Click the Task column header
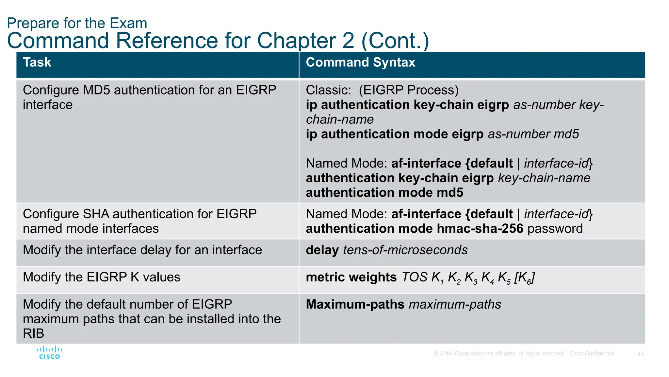(x=37, y=62)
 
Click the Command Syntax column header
(x=360, y=62)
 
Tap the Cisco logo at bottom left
(x=49, y=353)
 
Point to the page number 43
(x=640, y=354)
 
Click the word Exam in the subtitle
(x=128, y=23)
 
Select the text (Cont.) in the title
(x=395, y=41)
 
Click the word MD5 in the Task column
(x=96, y=90)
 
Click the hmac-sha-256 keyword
(x=480, y=228)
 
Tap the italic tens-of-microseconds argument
(x=405, y=250)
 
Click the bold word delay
(x=322, y=250)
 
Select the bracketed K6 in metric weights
(x=524, y=278)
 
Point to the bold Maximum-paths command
(x=355, y=304)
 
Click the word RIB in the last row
(x=33, y=333)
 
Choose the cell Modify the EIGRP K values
(x=101, y=277)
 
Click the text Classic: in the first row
(x=328, y=90)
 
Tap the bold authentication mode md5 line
(x=384, y=192)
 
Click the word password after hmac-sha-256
(x=555, y=228)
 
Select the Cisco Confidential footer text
(x=592, y=354)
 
